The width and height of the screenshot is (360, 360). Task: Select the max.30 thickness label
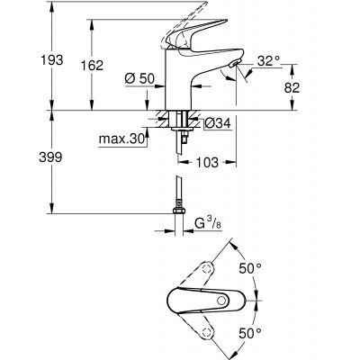point(122,139)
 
